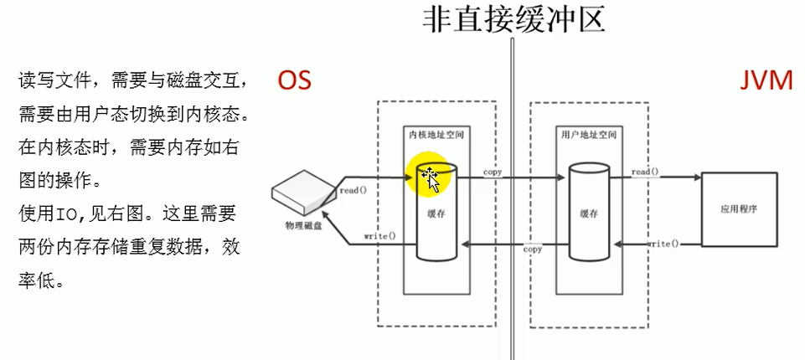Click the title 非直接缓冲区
click(513, 18)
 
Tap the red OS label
click(295, 80)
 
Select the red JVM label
click(766, 80)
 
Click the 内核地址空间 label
click(436, 134)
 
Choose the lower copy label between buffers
click(533, 249)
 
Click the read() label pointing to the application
click(645, 172)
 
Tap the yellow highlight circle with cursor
click(428, 176)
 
